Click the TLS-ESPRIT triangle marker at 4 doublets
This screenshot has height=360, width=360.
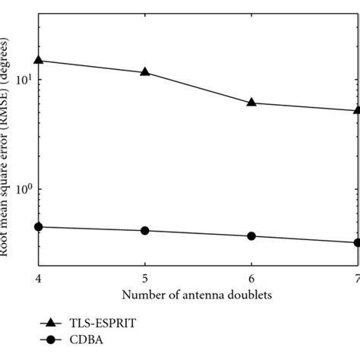click(x=39, y=59)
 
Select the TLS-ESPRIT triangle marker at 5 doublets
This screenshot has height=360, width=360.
click(x=145, y=72)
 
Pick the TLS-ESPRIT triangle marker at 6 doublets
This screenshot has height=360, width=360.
click(x=251, y=102)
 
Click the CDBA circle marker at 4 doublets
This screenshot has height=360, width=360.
click(x=39, y=226)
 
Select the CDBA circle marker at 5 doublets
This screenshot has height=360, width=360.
click(x=145, y=230)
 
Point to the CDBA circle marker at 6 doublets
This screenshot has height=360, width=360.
click(x=251, y=236)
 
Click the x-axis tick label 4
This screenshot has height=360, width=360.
click(x=39, y=276)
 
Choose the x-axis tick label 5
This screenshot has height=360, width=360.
click(x=145, y=276)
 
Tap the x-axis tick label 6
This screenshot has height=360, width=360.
click(x=251, y=276)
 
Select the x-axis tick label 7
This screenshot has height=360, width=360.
click(x=355, y=276)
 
